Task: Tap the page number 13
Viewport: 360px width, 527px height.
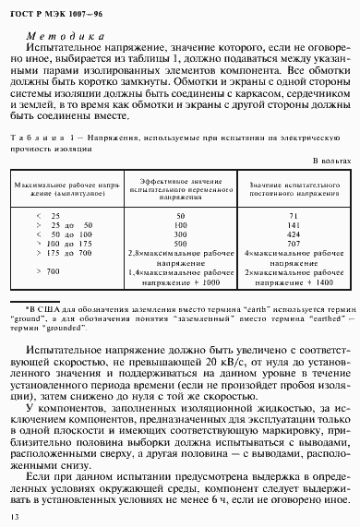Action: [x=14, y=516]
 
